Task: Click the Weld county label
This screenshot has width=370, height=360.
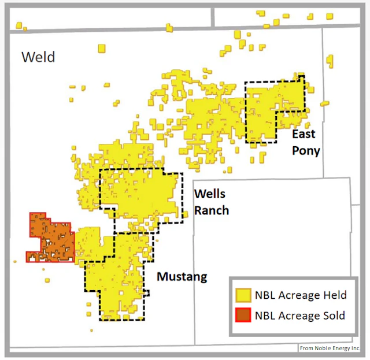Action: (38, 57)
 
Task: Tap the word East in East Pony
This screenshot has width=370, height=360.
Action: (304, 135)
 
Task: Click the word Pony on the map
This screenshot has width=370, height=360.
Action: (306, 151)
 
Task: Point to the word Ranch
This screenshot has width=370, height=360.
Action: (212, 210)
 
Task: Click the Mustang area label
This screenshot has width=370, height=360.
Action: (182, 277)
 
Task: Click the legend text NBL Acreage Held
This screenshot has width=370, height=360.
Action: (301, 295)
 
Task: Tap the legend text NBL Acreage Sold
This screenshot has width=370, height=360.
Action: (300, 316)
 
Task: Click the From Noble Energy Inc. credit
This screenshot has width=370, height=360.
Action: (330, 348)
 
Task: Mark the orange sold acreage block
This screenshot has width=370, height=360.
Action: (53, 238)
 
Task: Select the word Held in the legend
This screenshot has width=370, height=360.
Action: (334, 295)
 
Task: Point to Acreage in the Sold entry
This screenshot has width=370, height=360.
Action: (299, 316)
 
